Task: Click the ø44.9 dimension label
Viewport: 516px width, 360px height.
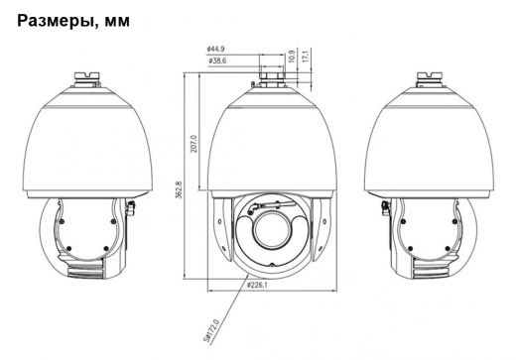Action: click(215, 49)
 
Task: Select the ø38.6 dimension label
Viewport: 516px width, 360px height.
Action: click(217, 61)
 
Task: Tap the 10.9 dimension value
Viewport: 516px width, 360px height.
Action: click(291, 57)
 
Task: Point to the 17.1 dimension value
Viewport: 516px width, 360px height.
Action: click(306, 57)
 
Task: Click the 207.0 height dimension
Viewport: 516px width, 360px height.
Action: click(193, 143)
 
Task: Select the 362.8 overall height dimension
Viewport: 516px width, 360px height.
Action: click(179, 189)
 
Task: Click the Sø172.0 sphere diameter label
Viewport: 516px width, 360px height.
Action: click(211, 331)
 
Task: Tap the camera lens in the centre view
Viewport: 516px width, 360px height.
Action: click(271, 232)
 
